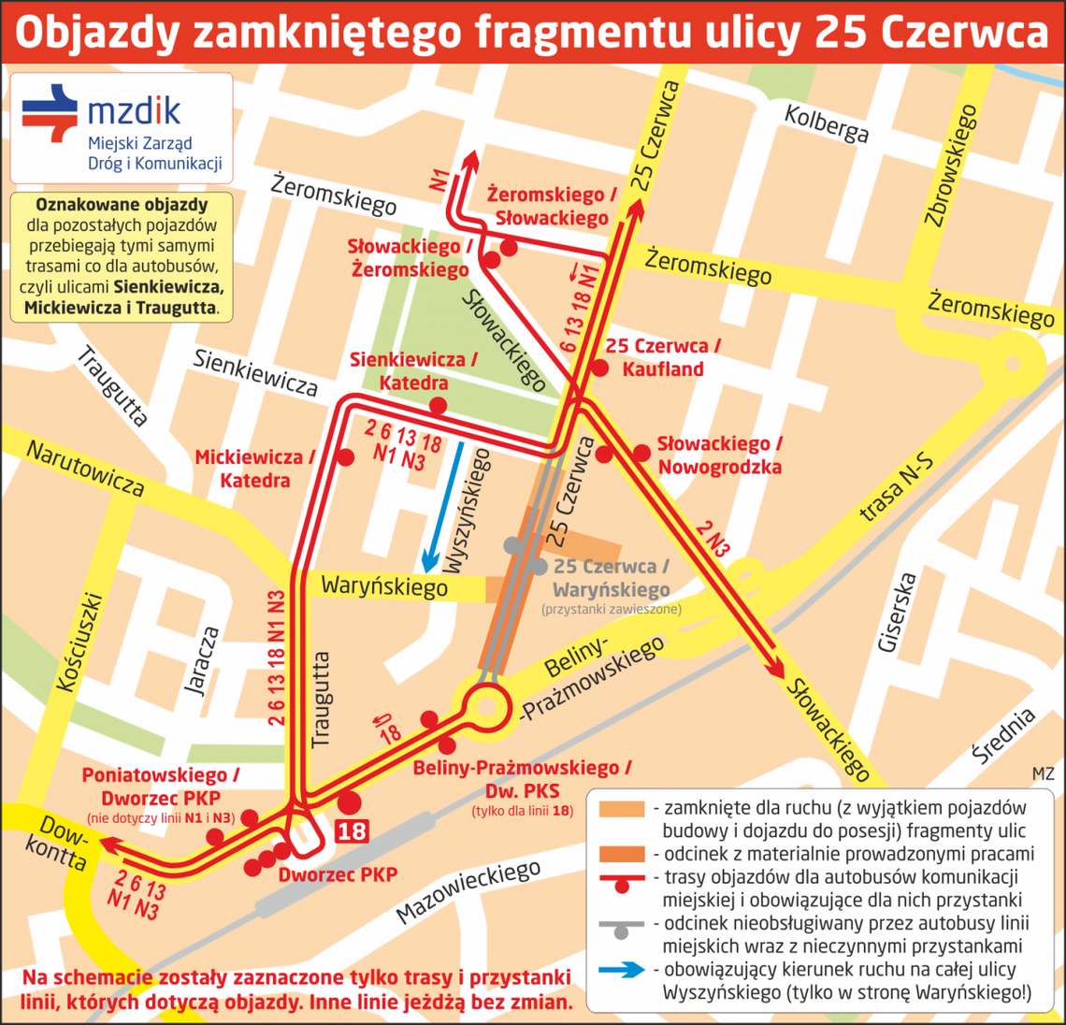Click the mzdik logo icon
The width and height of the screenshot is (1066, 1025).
pyautogui.click(x=50, y=112)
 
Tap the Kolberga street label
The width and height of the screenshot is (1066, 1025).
pyautogui.click(x=826, y=123)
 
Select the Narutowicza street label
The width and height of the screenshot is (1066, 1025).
pyautogui.click(x=85, y=469)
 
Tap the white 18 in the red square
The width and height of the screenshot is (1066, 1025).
pyautogui.click(x=352, y=830)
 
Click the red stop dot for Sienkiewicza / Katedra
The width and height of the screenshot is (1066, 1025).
pyautogui.click(x=437, y=406)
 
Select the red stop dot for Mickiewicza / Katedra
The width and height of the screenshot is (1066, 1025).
pyautogui.click(x=345, y=457)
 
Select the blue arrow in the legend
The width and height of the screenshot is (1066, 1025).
pyautogui.click(x=622, y=970)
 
